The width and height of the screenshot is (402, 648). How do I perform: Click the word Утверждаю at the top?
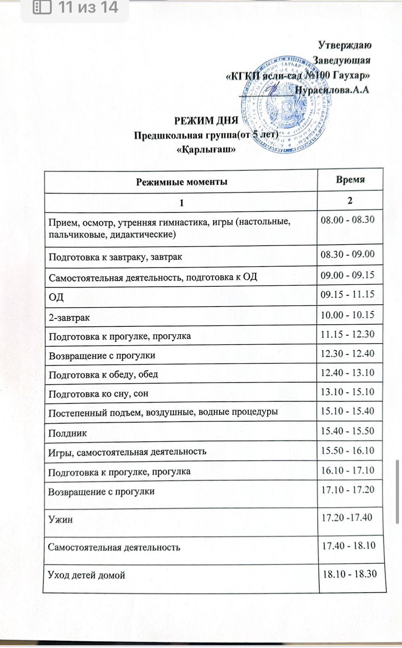click(345, 45)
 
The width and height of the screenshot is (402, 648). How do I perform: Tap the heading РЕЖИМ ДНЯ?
click(206, 121)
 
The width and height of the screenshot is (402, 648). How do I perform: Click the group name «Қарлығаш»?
click(206, 149)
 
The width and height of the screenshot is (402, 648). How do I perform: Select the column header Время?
click(350, 180)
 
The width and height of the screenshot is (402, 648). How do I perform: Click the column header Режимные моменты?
click(181, 182)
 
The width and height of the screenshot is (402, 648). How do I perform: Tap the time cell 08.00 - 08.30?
click(347, 220)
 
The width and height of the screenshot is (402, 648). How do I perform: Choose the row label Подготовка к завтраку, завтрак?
click(115, 257)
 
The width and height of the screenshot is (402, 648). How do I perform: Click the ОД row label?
click(56, 297)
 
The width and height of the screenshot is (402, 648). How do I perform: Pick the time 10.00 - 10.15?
click(347, 315)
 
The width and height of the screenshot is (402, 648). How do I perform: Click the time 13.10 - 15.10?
click(347, 392)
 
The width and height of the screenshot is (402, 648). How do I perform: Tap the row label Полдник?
click(68, 433)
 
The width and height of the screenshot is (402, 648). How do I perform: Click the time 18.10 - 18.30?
click(349, 574)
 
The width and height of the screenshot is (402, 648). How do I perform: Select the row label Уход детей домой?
click(87, 575)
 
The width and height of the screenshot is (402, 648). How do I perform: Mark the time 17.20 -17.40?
click(347, 517)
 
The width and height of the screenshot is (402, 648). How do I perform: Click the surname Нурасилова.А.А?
click(332, 90)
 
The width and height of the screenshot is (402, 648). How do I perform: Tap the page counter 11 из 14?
click(88, 7)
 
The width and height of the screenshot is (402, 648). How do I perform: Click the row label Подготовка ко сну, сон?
click(98, 393)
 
